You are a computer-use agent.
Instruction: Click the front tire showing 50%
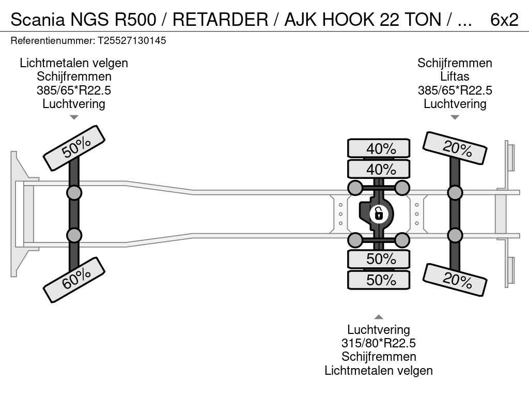point(74,148)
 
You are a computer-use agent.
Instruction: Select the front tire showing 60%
point(74,280)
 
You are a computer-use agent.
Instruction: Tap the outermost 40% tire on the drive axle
point(379,148)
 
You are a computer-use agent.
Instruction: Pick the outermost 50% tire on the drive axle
point(379,280)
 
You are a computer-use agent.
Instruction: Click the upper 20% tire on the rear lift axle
point(455,148)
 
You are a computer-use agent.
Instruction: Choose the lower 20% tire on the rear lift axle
point(455,280)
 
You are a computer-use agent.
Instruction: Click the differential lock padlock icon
point(379,214)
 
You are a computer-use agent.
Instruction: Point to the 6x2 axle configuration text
point(504,20)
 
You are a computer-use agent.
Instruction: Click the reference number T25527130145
point(132,41)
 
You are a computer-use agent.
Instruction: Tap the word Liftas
point(455,77)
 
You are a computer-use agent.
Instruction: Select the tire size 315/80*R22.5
point(379,343)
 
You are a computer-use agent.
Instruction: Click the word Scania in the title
point(37,20)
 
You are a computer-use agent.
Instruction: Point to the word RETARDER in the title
point(220,20)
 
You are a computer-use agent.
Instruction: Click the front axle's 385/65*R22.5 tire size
point(74,90)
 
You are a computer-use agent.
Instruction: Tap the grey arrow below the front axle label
point(74,117)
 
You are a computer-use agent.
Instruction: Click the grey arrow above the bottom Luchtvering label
point(379,317)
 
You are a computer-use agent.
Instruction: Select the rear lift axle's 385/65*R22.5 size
point(455,90)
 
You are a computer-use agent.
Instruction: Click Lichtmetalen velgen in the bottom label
point(379,371)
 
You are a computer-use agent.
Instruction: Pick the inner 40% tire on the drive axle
point(379,169)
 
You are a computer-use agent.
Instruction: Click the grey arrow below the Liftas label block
point(455,117)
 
